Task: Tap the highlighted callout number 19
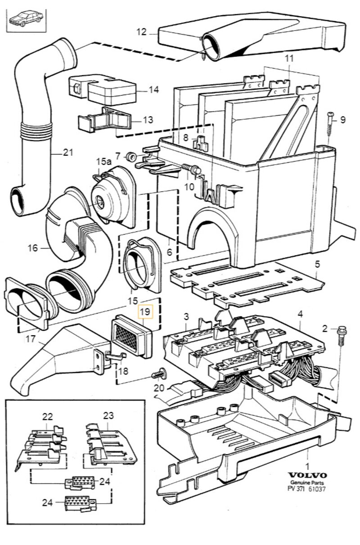click(x=145, y=311)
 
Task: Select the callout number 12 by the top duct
click(x=142, y=32)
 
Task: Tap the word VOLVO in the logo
click(x=308, y=476)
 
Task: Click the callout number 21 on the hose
click(x=67, y=153)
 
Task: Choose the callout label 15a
click(x=103, y=161)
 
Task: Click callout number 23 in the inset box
click(x=108, y=415)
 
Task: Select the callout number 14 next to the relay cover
click(x=153, y=90)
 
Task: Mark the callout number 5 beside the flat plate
click(x=317, y=264)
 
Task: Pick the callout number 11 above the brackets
click(x=288, y=58)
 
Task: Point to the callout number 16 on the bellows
click(x=32, y=248)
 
